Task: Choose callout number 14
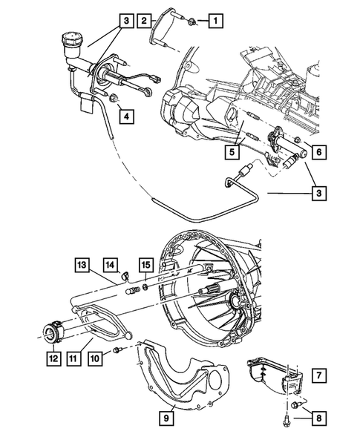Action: tap(110, 263)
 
